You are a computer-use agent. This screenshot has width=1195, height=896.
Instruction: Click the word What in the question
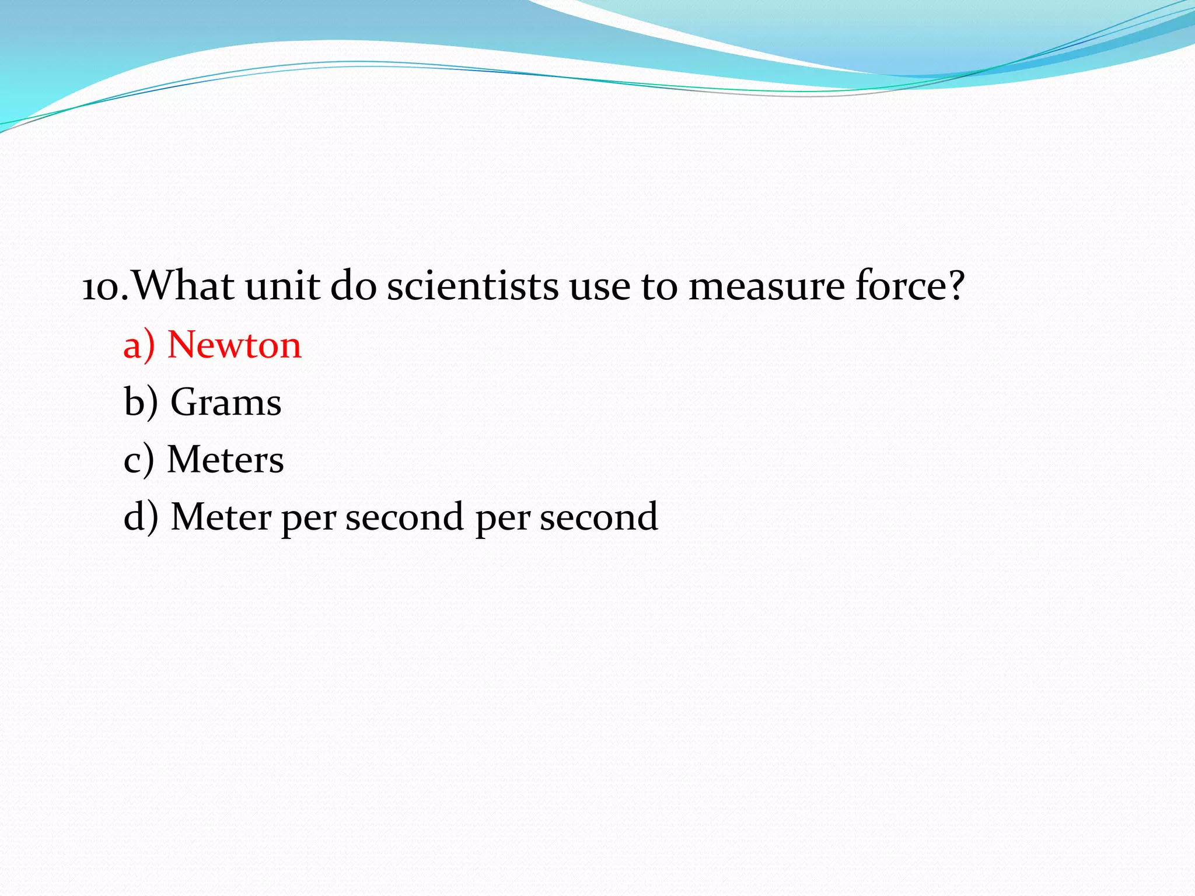pos(183,286)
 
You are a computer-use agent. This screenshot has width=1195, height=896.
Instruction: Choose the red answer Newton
pos(235,345)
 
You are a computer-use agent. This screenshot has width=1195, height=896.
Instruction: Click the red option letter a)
pos(139,345)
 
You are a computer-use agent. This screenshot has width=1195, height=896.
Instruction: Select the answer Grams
pos(226,402)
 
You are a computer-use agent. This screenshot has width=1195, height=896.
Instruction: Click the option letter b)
pos(141,402)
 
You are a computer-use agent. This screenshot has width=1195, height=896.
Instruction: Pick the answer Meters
pos(225,460)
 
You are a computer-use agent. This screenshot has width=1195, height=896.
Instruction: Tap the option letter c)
pos(139,460)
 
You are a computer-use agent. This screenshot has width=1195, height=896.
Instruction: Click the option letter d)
pos(141,517)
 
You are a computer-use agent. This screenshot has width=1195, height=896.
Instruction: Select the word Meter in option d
pos(221,517)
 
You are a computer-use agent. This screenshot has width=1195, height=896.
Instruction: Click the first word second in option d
pos(404,517)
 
